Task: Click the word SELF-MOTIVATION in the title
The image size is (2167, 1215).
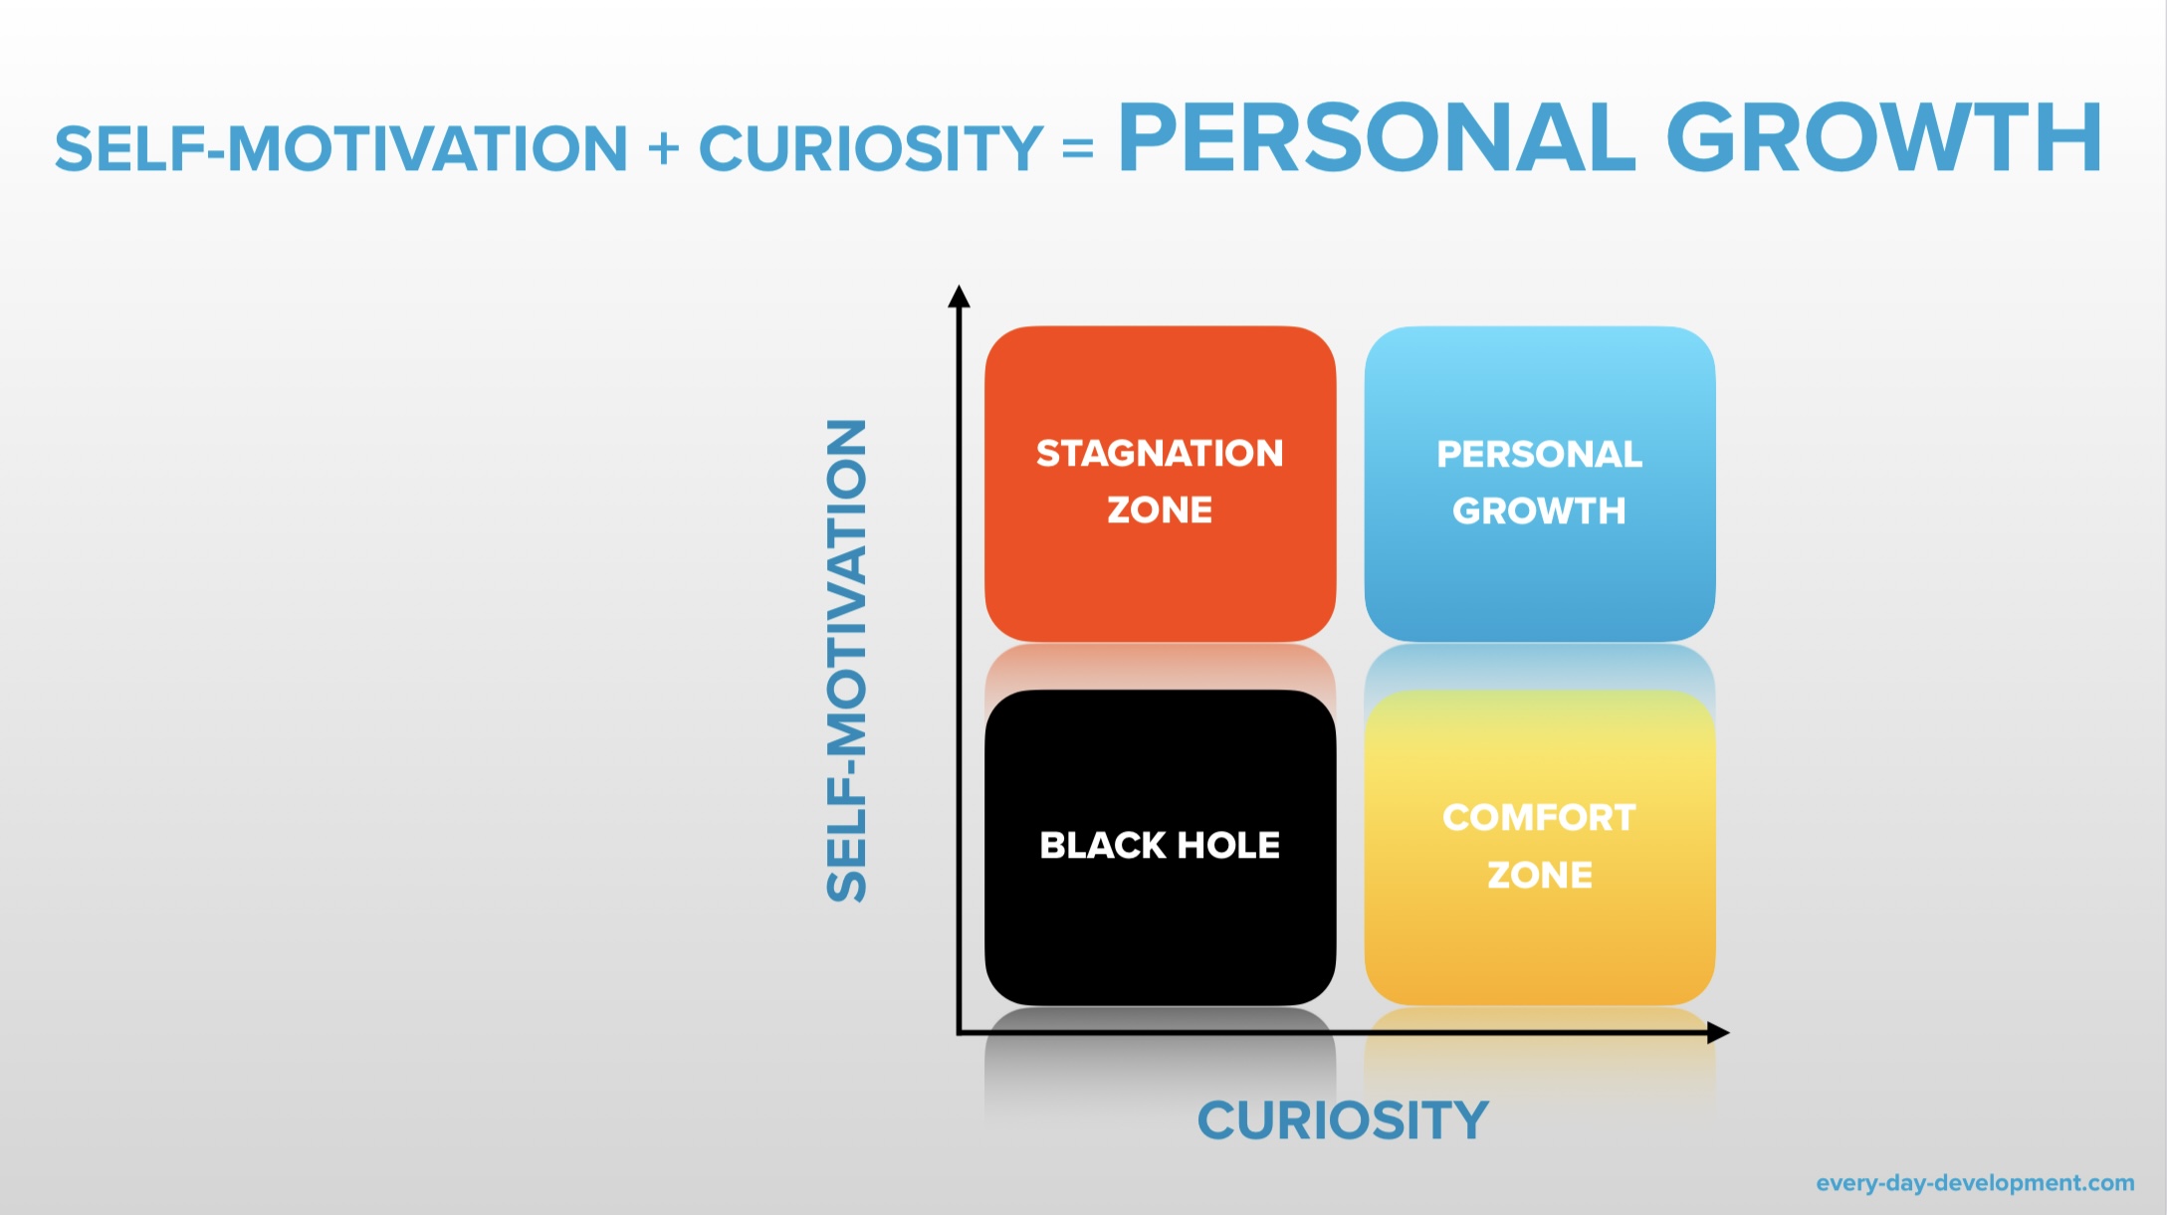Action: [x=341, y=149]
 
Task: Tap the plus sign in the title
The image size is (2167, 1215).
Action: [x=663, y=149]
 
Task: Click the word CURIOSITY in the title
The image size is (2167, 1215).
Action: [x=871, y=149]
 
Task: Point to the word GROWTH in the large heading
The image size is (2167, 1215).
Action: [x=1883, y=139]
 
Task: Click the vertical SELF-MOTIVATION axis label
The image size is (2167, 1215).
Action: [x=847, y=661]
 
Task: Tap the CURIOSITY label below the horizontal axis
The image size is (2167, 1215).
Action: [x=1343, y=1121]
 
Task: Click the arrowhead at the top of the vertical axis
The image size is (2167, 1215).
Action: [x=959, y=296]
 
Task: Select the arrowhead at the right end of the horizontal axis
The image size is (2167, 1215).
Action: [x=1718, y=1033]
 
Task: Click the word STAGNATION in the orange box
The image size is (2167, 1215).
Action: [x=1160, y=454]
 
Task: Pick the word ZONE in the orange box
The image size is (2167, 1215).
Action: [x=1160, y=510]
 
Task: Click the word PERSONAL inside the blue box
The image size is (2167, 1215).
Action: [x=1539, y=455]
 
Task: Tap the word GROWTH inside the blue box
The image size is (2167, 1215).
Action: [x=1539, y=511]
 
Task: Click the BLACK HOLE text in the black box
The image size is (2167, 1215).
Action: [x=1160, y=846]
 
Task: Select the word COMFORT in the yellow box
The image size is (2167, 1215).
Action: [x=1539, y=818]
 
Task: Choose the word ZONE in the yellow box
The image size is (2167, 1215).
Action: [x=1539, y=876]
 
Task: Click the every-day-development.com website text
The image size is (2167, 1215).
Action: [x=1975, y=1183]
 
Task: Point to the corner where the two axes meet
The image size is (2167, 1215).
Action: [x=959, y=1033]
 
